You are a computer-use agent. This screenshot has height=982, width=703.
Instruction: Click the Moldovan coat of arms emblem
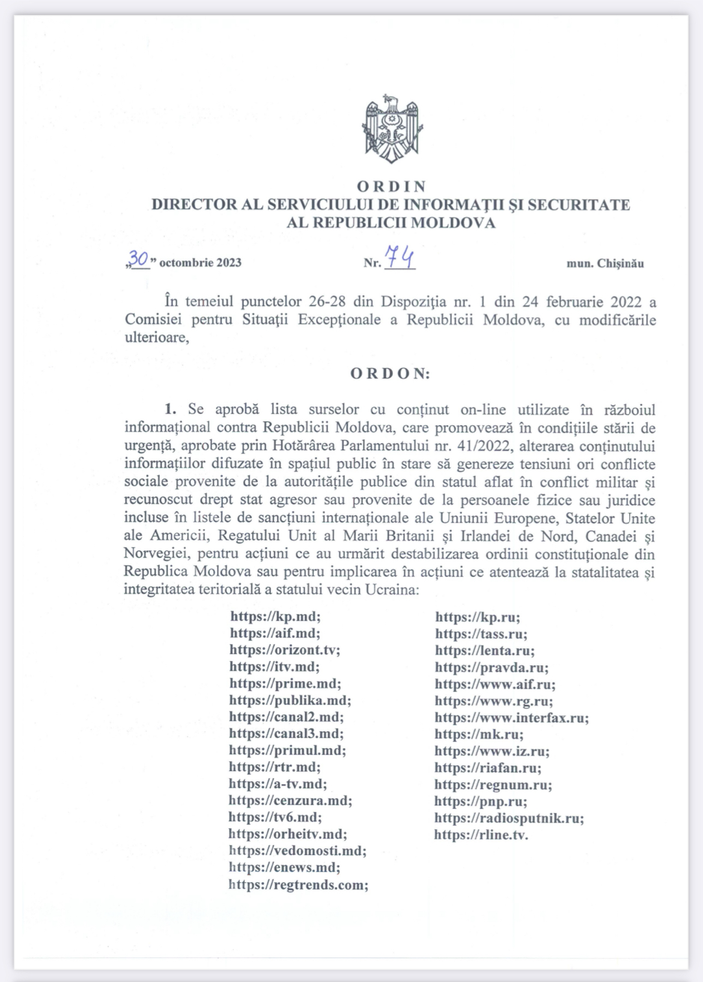[391, 129]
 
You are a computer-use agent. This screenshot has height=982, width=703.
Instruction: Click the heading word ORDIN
[391, 186]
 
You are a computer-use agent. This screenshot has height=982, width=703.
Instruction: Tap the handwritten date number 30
[139, 259]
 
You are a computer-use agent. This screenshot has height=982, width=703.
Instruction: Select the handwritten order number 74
[400, 257]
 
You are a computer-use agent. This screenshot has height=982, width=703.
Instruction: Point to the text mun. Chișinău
[605, 263]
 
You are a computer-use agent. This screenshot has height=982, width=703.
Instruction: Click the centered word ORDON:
[391, 373]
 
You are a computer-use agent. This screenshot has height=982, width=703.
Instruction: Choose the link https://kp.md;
[275, 616]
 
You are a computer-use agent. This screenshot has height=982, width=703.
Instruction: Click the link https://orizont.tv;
[285, 650]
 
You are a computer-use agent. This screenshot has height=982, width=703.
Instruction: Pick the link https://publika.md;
[290, 701]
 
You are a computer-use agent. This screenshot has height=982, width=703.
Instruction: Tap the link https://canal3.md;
[286, 734]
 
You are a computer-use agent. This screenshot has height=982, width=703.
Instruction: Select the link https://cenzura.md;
[290, 800]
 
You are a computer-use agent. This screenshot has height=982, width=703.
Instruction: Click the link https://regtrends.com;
[299, 885]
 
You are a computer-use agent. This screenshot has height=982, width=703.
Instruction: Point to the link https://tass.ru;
[481, 634]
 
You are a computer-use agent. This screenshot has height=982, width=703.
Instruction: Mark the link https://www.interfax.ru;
[512, 717]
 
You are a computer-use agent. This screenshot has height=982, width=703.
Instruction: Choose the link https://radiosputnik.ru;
[509, 818]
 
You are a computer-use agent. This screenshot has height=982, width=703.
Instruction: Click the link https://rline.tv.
[481, 835]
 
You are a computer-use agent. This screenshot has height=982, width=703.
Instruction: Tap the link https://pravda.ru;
[491, 667]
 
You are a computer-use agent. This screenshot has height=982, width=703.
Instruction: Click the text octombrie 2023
[200, 263]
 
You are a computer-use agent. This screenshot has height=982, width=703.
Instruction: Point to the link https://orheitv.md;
[288, 834]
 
